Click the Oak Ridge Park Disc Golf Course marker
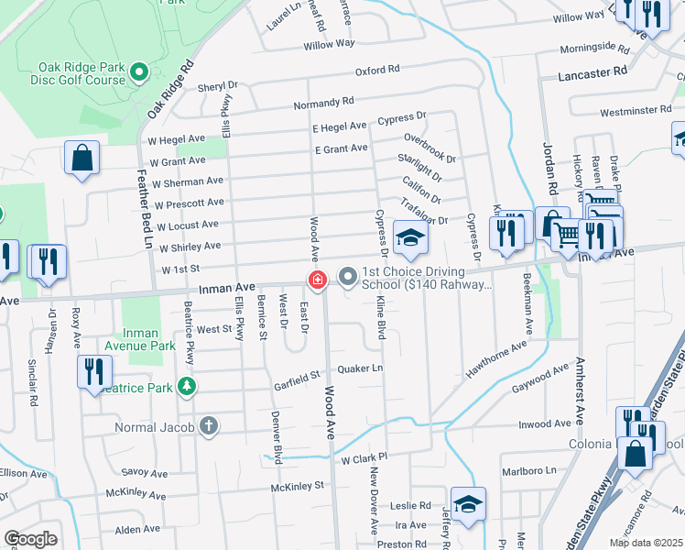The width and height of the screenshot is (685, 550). click(x=138, y=71)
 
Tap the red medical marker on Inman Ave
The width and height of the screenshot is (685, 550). click(x=318, y=280)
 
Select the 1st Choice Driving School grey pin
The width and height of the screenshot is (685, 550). click(x=347, y=275)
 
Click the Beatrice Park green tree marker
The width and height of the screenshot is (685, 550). click(x=187, y=387)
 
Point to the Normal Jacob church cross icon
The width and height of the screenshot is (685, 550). click(x=209, y=425)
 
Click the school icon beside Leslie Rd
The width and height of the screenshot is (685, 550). click(x=467, y=504)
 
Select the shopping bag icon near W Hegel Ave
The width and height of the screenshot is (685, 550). click(x=82, y=157)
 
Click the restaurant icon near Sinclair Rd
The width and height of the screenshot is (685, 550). click(x=93, y=372)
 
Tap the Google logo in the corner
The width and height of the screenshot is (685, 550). click(x=31, y=539)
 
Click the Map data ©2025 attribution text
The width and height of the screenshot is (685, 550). click(x=646, y=543)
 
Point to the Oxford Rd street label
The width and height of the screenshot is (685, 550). click(x=377, y=70)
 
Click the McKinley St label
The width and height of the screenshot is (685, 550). click(x=298, y=487)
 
